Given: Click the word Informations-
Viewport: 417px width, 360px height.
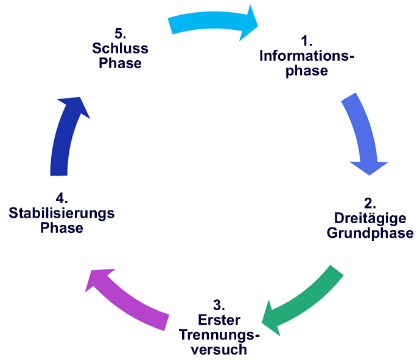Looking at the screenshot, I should click(x=307, y=57).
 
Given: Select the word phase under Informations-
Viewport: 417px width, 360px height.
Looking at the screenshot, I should click(x=307, y=71).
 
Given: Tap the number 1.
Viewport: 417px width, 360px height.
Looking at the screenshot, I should click(x=307, y=41).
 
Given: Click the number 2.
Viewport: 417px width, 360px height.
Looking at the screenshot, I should click(x=370, y=203).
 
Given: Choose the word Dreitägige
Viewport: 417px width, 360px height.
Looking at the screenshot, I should click(x=370, y=218).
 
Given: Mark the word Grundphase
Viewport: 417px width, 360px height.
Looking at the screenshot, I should click(x=370, y=233).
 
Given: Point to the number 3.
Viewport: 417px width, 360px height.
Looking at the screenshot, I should click(x=219, y=306).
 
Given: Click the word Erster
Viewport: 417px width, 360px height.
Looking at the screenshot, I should click(x=219, y=320).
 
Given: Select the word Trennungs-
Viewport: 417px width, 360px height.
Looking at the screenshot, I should click(x=219, y=336).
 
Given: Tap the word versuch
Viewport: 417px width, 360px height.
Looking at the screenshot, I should click(x=219, y=350).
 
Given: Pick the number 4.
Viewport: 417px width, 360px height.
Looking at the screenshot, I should click(x=61, y=198).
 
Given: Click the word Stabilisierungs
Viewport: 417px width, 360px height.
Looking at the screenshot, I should click(x=61, y=213).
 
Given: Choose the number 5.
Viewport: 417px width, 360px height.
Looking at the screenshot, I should click(x=120, y=33).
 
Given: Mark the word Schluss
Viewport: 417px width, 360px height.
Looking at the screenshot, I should click(x=120, y=48).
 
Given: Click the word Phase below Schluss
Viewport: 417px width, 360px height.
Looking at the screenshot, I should click(x=120, y=63).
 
